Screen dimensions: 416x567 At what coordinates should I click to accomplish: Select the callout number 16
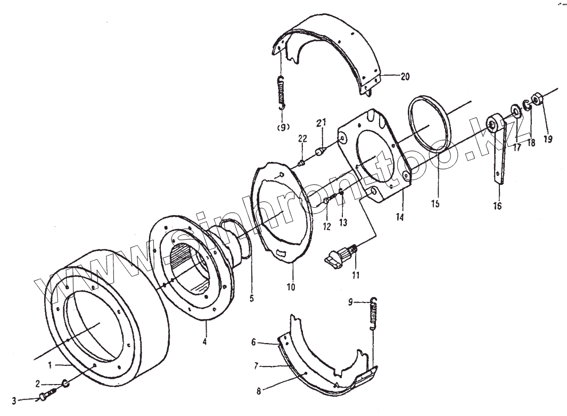[x=498, y=206]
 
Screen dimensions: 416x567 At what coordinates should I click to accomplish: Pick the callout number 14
[x=399, y=216]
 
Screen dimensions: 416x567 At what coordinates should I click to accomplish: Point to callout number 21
[x=321, y=123]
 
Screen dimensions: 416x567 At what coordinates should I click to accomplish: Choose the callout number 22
[x=302, y=138]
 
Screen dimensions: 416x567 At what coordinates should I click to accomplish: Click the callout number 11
[x=355, y=275]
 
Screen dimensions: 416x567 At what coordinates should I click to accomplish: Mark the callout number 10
[x=291, y=287]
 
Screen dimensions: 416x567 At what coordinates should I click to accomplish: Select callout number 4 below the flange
[x=205, y=341]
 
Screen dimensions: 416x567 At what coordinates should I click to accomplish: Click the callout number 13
[x=343, y=222]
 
